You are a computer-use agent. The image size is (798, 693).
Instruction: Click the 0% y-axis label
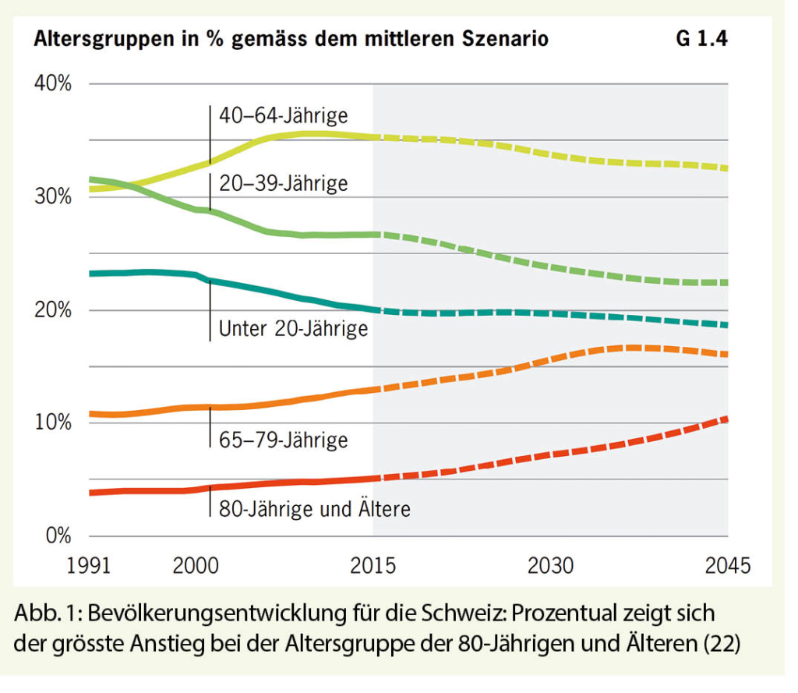(57, 536)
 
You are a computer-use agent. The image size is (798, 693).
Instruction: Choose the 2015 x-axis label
(373, 565)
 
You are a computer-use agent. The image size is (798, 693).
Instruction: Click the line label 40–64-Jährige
(283, 116)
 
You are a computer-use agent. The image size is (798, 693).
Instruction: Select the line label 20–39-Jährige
(283, 184)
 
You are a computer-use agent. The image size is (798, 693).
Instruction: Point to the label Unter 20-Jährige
(293, 329)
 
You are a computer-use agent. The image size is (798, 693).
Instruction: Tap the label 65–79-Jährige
(283, 440)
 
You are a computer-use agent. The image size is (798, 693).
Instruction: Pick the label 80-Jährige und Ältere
(314, 510)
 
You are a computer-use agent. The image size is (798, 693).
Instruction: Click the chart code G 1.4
(701, 38)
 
